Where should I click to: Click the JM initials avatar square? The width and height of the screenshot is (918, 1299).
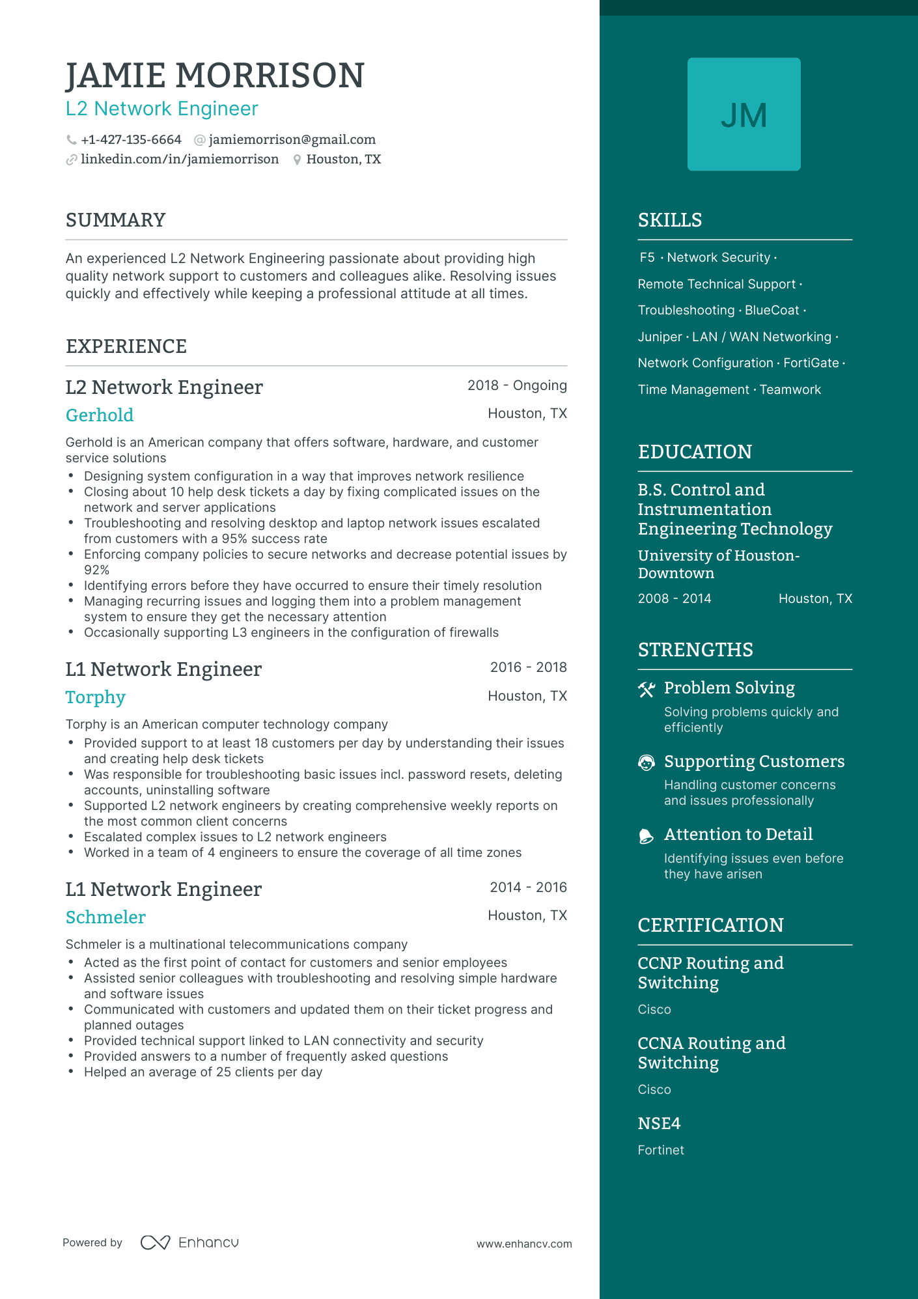pyautogui.click(x=744, y=115)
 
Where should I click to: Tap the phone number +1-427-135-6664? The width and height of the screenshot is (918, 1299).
pyautogui.click(x=131, y=140)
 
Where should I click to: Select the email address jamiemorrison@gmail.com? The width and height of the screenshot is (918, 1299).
pyautogui.click(x=292, y=140)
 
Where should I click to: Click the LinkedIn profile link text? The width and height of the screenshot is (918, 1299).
pyautogui.click(x=180, y=160)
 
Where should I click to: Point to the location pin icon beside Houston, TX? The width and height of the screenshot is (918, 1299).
pyautogui.click(x=297, y=160)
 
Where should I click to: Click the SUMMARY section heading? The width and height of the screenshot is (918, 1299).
pyautogui.click(x=116, y=220)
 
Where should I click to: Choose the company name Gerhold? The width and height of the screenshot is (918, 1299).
pyautogui.click(x=100, y=415)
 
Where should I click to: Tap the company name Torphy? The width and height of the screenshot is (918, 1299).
pyautogui.click(x=96, y=697)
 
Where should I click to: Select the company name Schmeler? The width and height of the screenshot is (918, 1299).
pyautogui.click(x=105, y=917)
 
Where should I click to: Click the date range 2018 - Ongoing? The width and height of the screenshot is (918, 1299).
pyautogui.click(x=517, y=385)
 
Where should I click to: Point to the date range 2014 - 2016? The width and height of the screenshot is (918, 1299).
pyautogui.click(x=528, y=887)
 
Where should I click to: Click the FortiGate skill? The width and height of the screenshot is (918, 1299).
pyautogui.click(x=811, y=363)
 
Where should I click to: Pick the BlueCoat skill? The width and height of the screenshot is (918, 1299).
pyautogui.click(x=772, y=311)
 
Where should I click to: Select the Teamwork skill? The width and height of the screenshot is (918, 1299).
pyautogui.click(x=790, y=390)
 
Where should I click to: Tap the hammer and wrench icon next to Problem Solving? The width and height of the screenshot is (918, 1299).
pyautogui.click(x=647, y=690)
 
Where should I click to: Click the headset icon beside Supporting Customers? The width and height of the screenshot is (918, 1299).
pyautogui.click(x=647, y=763)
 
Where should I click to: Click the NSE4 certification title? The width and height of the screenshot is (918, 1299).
pyautogui.click(x=659, y=1124)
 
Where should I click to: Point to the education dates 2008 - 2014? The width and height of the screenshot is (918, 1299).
pyautogui.click(x=675, y=599)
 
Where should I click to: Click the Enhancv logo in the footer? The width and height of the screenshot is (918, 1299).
pyautogui.click(x=189, y=1243)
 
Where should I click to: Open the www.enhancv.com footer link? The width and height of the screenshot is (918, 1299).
pyautogui.click(x=524, y=1244)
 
